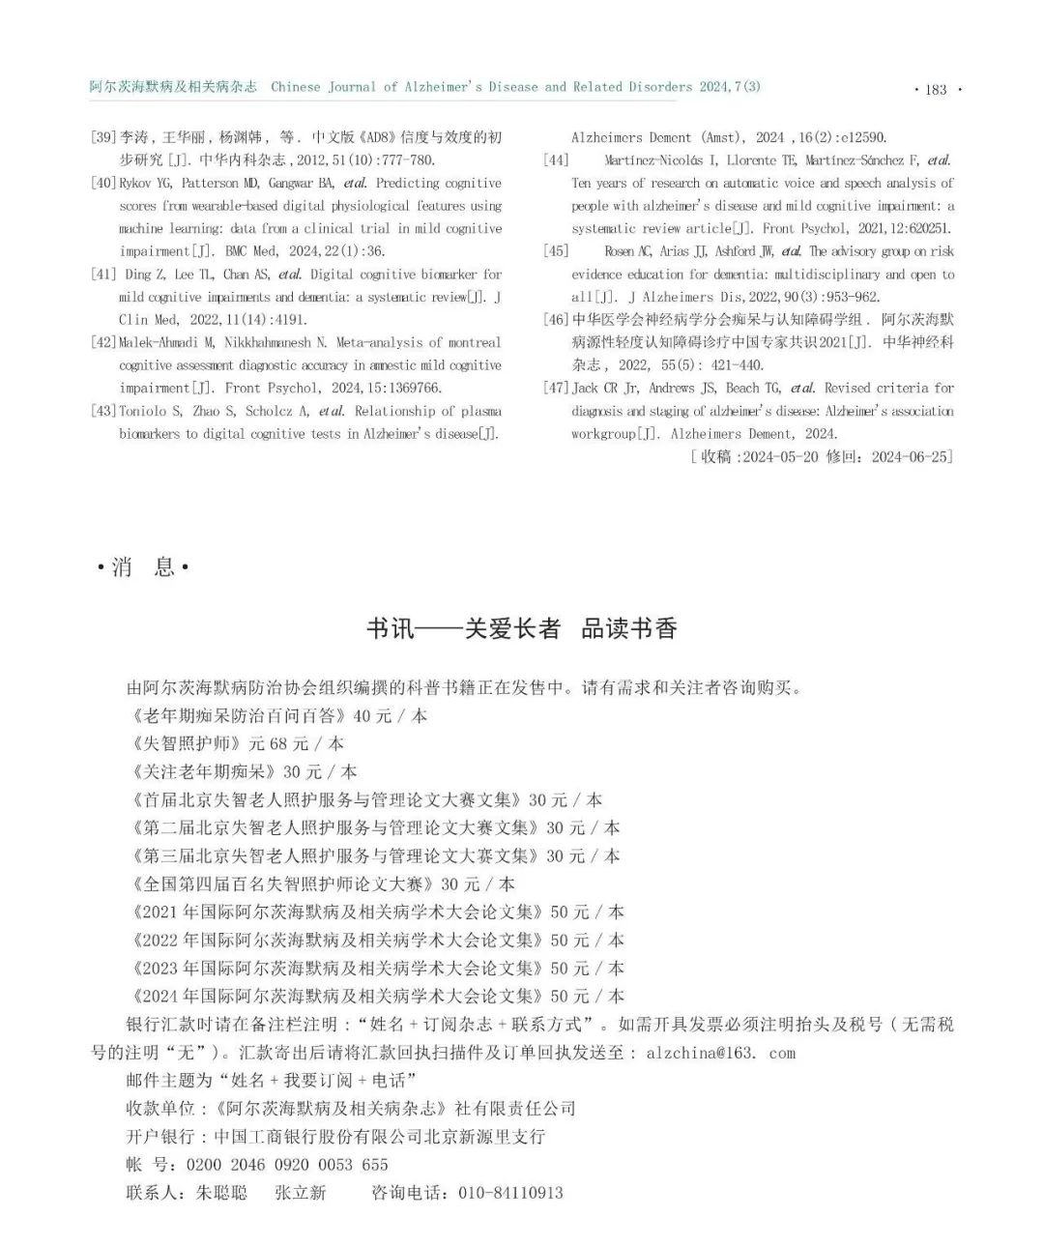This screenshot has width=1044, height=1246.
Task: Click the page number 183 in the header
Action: coord(936,89)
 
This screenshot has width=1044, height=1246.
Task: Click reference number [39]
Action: coord(103,137)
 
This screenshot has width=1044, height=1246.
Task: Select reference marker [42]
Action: coord(103,342)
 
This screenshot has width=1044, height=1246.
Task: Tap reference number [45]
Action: coord(556,251)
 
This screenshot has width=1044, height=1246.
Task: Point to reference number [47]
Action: coord(556,388)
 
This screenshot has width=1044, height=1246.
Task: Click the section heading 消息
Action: coord(143,567)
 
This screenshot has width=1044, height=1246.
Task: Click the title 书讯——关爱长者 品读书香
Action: coord(521,629)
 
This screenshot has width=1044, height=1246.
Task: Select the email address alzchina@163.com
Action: coord(720,1053)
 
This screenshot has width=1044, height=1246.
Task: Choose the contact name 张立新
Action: coord(301,1193)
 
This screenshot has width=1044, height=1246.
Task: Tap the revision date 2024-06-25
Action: coord(911,457)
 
